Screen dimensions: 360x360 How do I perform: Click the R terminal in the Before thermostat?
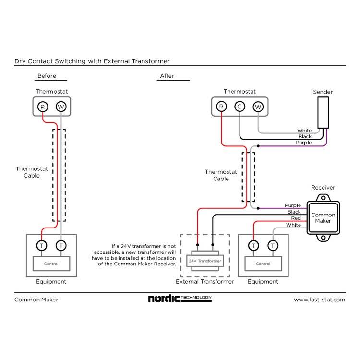pos(42,107)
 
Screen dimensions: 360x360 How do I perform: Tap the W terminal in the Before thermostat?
pos(61,107)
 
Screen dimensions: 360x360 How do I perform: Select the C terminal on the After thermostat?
pos(240,107)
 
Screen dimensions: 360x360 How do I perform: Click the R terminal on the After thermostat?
pos(221,107)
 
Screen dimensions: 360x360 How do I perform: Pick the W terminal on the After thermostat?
pos(258,107)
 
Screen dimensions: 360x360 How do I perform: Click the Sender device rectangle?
pos(323,112)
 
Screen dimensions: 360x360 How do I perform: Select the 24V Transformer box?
pos(205,261)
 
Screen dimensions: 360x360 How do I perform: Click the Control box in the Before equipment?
pos(51,264)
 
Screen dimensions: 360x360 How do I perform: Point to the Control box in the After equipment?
pos(263,264)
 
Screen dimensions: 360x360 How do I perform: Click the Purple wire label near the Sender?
pos(304,143)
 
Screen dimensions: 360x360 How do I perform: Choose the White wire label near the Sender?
pos(304,131)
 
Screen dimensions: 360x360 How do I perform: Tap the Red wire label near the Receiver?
pos(296,218)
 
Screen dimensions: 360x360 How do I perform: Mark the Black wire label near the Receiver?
pos(294,212)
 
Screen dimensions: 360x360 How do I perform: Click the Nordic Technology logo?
pos(180,299)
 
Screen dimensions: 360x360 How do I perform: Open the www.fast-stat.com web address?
pos(319,300)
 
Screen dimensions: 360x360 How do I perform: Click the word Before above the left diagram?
pos(47,76)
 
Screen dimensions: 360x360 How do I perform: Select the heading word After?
pos(168,76)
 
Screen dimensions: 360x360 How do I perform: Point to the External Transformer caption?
pos(205,282)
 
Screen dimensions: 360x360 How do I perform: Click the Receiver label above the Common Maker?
pos(323,188)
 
